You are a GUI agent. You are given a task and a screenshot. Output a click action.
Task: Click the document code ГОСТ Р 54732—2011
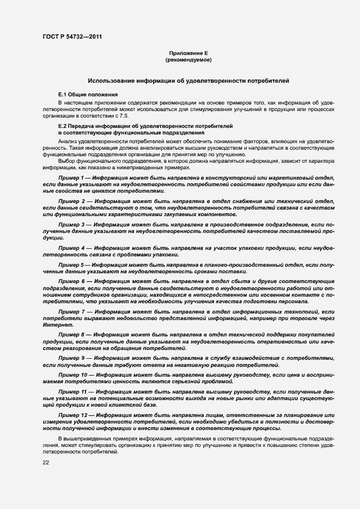click(71, 37)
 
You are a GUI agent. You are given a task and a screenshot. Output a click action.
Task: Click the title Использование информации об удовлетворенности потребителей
click(188, 81)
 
